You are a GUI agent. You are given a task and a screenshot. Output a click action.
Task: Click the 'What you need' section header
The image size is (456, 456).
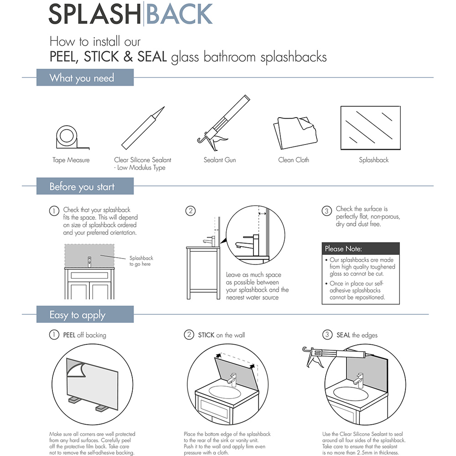pos(84,78)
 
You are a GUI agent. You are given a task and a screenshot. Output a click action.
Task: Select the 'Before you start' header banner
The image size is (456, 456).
pos(84,187)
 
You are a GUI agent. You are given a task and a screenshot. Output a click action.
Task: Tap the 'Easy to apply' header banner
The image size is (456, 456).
pos(84,315)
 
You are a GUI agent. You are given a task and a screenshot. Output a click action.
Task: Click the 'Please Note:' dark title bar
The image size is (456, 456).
pos(360,249)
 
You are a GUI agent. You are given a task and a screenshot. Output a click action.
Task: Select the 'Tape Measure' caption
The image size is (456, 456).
pos(71,160)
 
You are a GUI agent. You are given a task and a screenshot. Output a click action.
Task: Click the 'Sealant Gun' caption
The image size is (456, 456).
pos(219,160)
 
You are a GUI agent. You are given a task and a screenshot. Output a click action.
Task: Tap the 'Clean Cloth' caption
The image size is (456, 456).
pos(293,160)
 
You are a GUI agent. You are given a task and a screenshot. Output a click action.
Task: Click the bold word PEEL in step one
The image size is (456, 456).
pos(69,335)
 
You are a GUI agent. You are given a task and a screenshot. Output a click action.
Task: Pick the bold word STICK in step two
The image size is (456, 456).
pos(206,335)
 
